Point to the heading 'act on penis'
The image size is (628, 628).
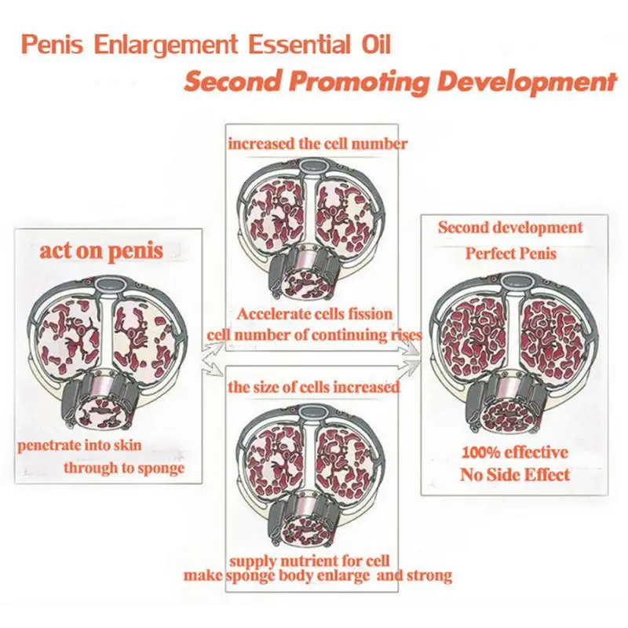(x=102, y=251)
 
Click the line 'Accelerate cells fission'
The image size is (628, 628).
(x=315, y=314)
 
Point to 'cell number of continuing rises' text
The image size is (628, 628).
(x=314, y=334)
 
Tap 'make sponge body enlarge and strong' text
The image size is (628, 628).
(x=317, y=575)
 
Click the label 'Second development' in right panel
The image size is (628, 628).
(x=510, y=228)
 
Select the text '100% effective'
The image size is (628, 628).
(x=514, y=452)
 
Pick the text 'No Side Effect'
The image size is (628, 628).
(x=514, y=474)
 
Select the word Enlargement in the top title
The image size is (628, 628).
(x=178, y=43)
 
